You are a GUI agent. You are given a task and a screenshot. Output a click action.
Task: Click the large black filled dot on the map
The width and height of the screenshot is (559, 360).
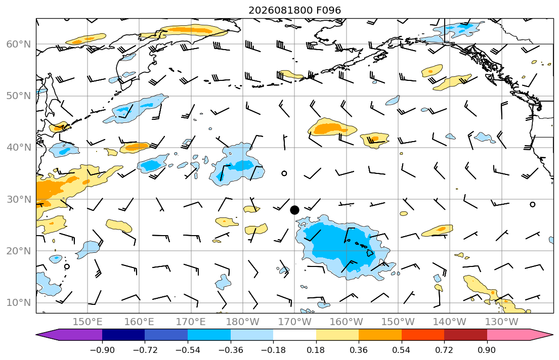pos(294,210)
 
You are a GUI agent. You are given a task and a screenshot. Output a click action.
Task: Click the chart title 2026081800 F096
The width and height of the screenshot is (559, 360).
pos(294,10)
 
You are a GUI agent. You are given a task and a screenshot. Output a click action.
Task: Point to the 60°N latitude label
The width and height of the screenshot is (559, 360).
pos(19,44)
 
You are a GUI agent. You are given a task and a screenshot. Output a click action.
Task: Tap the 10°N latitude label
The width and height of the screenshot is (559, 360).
pos(19,303)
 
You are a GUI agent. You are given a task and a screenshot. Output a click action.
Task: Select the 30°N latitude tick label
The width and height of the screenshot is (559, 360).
pos(19,199)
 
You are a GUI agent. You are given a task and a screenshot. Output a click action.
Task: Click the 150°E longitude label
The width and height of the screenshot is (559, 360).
pos(88,322)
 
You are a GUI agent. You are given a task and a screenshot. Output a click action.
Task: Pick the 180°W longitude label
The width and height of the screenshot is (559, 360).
pos(243,322)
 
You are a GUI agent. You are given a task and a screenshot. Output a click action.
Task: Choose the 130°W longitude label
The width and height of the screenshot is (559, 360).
pos(502,322)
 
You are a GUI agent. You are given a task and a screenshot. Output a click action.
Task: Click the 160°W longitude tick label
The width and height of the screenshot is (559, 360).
pos(346,322)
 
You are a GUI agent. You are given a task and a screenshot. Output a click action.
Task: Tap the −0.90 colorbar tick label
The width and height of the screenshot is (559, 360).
pos(102,350)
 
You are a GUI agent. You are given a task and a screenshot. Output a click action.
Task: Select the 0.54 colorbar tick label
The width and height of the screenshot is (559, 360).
pos(402,350)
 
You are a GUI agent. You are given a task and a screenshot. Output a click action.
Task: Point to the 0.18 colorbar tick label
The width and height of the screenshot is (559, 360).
pos(316,350)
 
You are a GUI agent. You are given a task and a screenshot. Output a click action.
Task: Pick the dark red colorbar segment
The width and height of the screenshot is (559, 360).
pos(465,335)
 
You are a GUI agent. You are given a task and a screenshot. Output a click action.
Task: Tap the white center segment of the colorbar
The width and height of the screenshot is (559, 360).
pos(294,335)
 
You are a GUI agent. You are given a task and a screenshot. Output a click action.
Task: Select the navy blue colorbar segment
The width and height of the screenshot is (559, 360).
pos(123,335)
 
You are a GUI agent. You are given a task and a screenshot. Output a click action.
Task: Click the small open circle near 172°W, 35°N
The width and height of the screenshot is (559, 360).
pos(284,173)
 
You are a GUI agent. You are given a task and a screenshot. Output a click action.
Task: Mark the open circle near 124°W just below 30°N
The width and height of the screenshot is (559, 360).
pos(533,205)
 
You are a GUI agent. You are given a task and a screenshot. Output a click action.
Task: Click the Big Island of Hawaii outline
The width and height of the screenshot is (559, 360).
pos(371,252)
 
